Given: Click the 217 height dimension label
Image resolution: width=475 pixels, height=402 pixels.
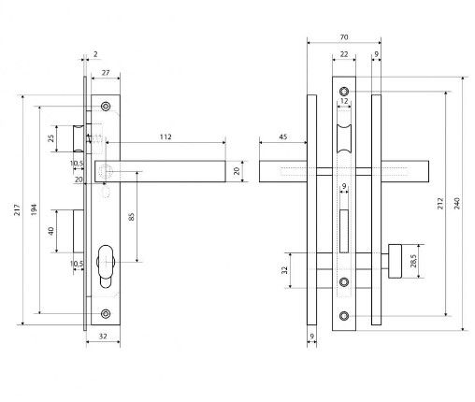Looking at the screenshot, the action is (x=18, y=209).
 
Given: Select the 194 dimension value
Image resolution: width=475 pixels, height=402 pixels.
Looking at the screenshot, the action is (x=35, y=209).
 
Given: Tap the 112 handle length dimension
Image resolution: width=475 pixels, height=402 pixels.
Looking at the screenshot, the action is (x=166, y=136).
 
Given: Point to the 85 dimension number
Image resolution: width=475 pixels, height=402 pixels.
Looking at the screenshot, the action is (x=131, y=217).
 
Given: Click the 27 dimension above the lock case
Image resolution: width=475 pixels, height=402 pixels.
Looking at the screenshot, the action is (x=106, y=73).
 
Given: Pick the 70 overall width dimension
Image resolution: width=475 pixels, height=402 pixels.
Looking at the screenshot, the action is (x=344, y=37).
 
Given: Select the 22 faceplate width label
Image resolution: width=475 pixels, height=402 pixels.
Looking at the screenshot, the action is (x=344, y=54).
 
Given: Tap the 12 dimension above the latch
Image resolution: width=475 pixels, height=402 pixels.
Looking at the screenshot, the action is (x=344, y=101).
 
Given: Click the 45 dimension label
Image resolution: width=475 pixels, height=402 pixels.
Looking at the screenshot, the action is (x=283, y=136).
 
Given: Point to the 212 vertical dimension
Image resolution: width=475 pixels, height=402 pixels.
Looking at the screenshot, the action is (x=440, y=204).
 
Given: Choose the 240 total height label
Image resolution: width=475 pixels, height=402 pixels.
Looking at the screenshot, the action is (x=457, y=204).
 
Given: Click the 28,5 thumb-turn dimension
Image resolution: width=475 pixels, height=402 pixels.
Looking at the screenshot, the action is (x=413, y=261).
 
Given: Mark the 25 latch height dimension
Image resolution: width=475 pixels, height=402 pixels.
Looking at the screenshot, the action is (x=50, y=138).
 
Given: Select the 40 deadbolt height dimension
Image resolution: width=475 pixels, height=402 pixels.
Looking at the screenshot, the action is (x=50, y=231).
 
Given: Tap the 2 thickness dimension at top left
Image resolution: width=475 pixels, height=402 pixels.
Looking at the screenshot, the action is (x=95, y=54).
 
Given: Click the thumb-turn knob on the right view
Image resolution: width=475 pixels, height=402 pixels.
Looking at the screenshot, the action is (x=395, y=261).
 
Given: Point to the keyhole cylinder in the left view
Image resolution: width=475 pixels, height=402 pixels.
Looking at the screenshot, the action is (x=106, y=266).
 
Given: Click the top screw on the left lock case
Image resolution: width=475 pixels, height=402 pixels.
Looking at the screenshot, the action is (x=106, y=107).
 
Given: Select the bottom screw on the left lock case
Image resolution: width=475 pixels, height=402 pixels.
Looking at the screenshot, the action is (x=106, y=313).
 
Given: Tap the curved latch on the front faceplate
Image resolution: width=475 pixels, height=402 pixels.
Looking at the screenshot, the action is (x=344, y=138).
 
